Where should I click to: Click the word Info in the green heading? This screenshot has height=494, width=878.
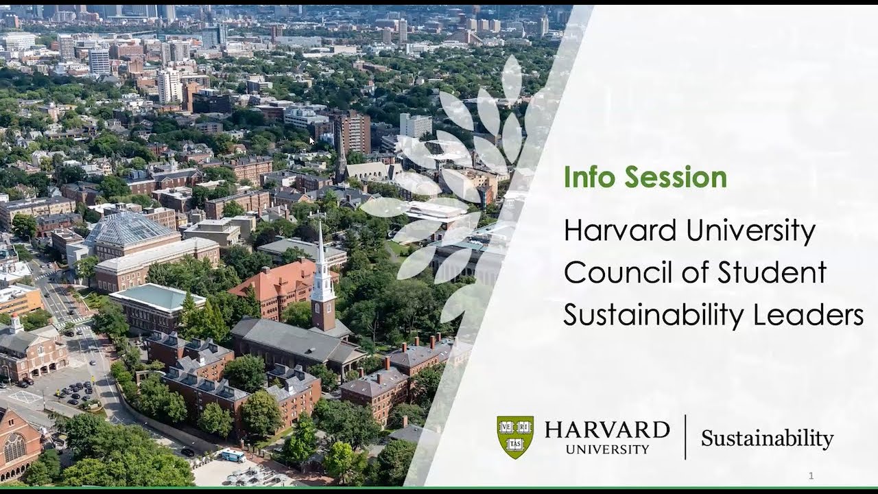pos(587,178)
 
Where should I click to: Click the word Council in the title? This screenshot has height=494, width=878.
pos(613,272)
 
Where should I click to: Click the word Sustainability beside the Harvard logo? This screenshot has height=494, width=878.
pos(767,438)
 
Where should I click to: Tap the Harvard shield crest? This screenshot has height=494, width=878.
pos(515,436)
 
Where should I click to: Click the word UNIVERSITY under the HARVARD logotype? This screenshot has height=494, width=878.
pos(607,449)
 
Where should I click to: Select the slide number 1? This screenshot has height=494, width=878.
pos(811,475)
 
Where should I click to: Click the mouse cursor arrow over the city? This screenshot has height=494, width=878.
pos(311,141)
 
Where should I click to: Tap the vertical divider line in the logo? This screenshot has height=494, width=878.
pos(685,437)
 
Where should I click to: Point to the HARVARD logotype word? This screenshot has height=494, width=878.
pos(607,430)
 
